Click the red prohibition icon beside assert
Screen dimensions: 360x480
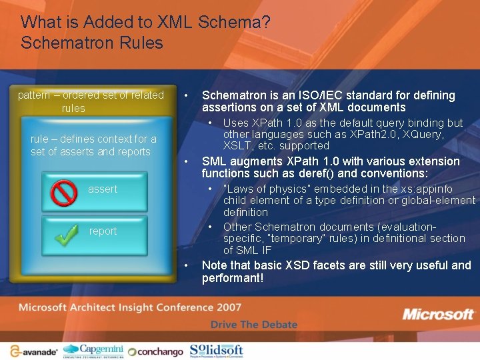pos(64,193)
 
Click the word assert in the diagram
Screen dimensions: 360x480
pos(103,189)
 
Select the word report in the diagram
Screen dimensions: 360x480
pos(103,231)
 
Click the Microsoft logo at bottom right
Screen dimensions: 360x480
pos(437,315)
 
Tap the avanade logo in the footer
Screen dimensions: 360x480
pos(33,351)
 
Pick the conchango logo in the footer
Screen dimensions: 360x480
pos(155,351)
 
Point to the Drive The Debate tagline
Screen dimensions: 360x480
pos(253,325)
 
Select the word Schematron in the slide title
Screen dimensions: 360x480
pos(55,43)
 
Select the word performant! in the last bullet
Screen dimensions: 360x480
pos(233,278)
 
